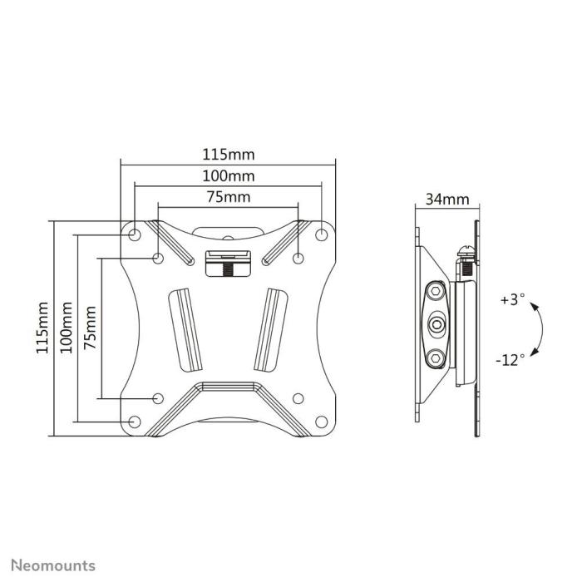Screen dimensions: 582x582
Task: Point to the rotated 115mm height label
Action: click(42, 328)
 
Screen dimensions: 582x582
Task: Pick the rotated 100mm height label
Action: click(66, 328)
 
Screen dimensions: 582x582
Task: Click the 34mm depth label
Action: click(446, 200)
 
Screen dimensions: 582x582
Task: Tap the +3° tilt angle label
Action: click(513, 300)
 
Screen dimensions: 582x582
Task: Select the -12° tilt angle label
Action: click(510, 360)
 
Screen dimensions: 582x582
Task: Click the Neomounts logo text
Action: click(52, 566)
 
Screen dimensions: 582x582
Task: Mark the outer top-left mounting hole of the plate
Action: click(135, 234)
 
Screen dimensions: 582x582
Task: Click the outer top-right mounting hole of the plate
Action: click(321, 234)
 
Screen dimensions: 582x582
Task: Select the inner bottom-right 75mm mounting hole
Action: click(298, 397)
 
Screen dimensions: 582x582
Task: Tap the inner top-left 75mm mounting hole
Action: click(158, 259)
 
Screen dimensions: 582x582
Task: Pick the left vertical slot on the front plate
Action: click(185, 328)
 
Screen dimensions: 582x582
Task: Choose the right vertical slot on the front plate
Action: click(270, 328)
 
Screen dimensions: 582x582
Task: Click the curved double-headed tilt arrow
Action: click(539, 330)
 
